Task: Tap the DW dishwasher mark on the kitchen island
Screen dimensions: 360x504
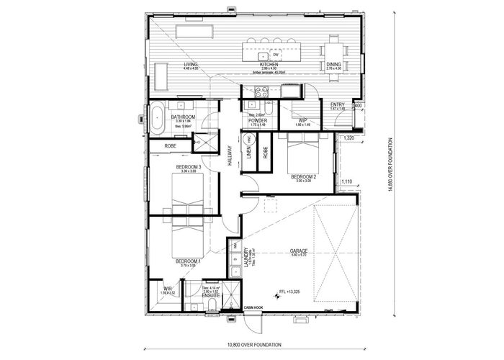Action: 275,55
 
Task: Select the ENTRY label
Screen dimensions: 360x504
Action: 338,104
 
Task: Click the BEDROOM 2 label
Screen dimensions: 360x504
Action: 303,176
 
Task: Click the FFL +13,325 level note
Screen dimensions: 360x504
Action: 289,292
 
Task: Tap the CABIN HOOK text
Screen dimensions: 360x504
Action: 256,310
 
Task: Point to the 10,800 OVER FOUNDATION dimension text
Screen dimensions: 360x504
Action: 252,344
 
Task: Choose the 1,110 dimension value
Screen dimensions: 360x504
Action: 347,181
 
